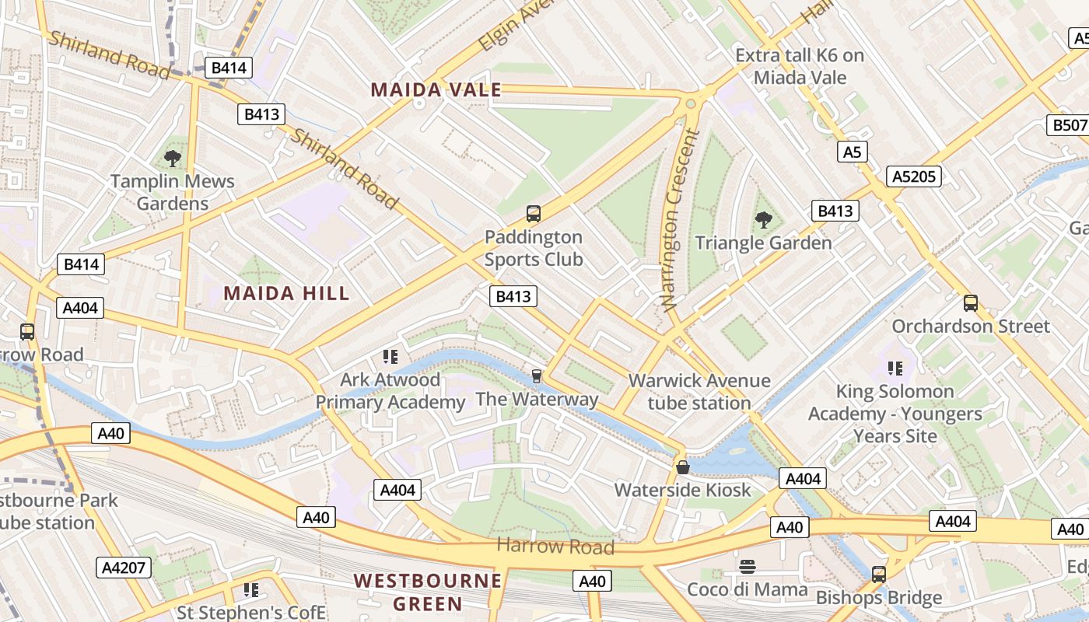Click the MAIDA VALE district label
[436, 90]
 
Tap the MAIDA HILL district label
[286, 293]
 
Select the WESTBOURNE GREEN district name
[427, 592]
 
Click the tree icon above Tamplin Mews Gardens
[173, 159]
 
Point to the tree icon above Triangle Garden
[764, 220]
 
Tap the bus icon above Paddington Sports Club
[534, 213]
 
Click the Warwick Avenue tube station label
[699, 392]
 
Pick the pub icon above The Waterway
[536, 376]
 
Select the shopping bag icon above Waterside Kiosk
[683, 467]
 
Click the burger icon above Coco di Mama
[748, 566]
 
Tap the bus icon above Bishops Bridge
[879, 575]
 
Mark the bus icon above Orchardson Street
[971, 303]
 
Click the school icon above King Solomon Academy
[895, 368]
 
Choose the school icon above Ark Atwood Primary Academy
[390, 357]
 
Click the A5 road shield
[853, 152]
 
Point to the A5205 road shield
[914, 176]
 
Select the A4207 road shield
[124, 568]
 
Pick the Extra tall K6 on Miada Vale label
[800, 66]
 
